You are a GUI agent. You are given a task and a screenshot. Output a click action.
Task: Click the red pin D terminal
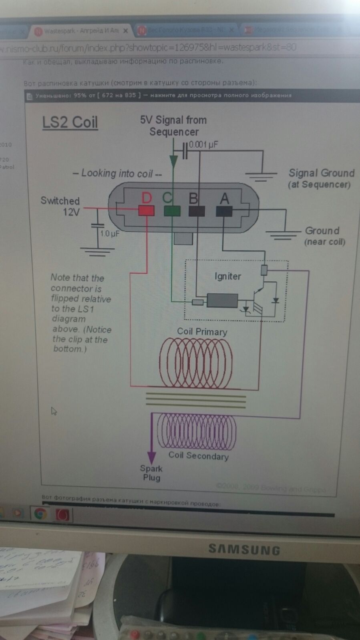click(146, 211)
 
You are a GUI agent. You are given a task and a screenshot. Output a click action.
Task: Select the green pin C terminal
click(172, 211)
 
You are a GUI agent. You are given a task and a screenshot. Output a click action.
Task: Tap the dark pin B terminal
click(197, 211)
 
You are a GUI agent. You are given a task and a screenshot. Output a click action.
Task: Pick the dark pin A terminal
click(224, 211)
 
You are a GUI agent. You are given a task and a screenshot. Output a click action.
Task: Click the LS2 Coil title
click(70, 122)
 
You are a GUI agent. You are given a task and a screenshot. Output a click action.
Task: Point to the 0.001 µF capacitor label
click(203, 144)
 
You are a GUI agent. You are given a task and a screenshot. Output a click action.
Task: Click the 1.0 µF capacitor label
click(109, 233)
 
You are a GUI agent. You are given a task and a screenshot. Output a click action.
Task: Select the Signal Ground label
click(321, 173)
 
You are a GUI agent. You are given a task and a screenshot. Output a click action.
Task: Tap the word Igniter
click(227, 276)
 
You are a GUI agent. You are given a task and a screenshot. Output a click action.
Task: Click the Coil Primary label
click(202, 331)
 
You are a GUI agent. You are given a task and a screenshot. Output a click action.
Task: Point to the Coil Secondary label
click(198, 455)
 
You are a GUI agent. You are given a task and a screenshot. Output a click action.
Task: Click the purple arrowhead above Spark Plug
click(151, 457)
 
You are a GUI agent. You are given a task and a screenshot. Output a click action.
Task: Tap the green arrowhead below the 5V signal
click(173, 161)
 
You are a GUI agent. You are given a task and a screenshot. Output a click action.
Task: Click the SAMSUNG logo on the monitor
click(244, 550)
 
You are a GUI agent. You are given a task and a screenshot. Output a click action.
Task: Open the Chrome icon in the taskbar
click(40, 514)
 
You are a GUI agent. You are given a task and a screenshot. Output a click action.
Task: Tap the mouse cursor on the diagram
click(54, 411)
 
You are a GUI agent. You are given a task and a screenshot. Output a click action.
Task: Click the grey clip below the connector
click(183, 239)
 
